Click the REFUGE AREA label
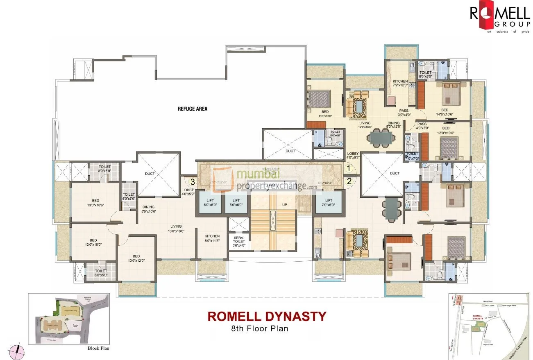point(192,109)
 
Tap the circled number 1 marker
point(349,168)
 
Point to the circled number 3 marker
point(192,181)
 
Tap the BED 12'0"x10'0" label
point(93,242)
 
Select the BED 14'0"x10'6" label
point(445,112)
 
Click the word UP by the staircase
point(284,204)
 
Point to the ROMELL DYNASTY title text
point(267,316)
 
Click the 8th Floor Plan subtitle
point(260,328)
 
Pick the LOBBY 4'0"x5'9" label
point(188,192)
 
